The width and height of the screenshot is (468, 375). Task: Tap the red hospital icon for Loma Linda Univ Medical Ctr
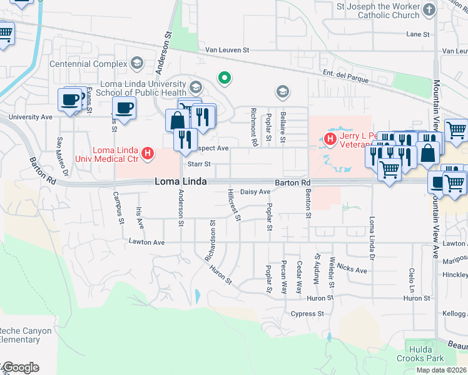(148, 152)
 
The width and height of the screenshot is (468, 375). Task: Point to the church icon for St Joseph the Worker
(429, 9)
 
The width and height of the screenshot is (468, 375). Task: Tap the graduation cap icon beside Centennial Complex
(136, 63)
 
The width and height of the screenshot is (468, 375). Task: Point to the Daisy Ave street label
(255, 192)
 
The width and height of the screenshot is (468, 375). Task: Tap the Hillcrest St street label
(234, 204)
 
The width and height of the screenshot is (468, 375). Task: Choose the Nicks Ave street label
(352, 269)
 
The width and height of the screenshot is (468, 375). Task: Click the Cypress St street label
(308, 313)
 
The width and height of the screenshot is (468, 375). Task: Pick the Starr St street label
(199, 164)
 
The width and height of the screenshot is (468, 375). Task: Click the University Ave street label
(30, 117)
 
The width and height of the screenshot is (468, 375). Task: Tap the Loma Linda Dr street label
(373, 237)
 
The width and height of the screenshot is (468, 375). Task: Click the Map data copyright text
(440, 370)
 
